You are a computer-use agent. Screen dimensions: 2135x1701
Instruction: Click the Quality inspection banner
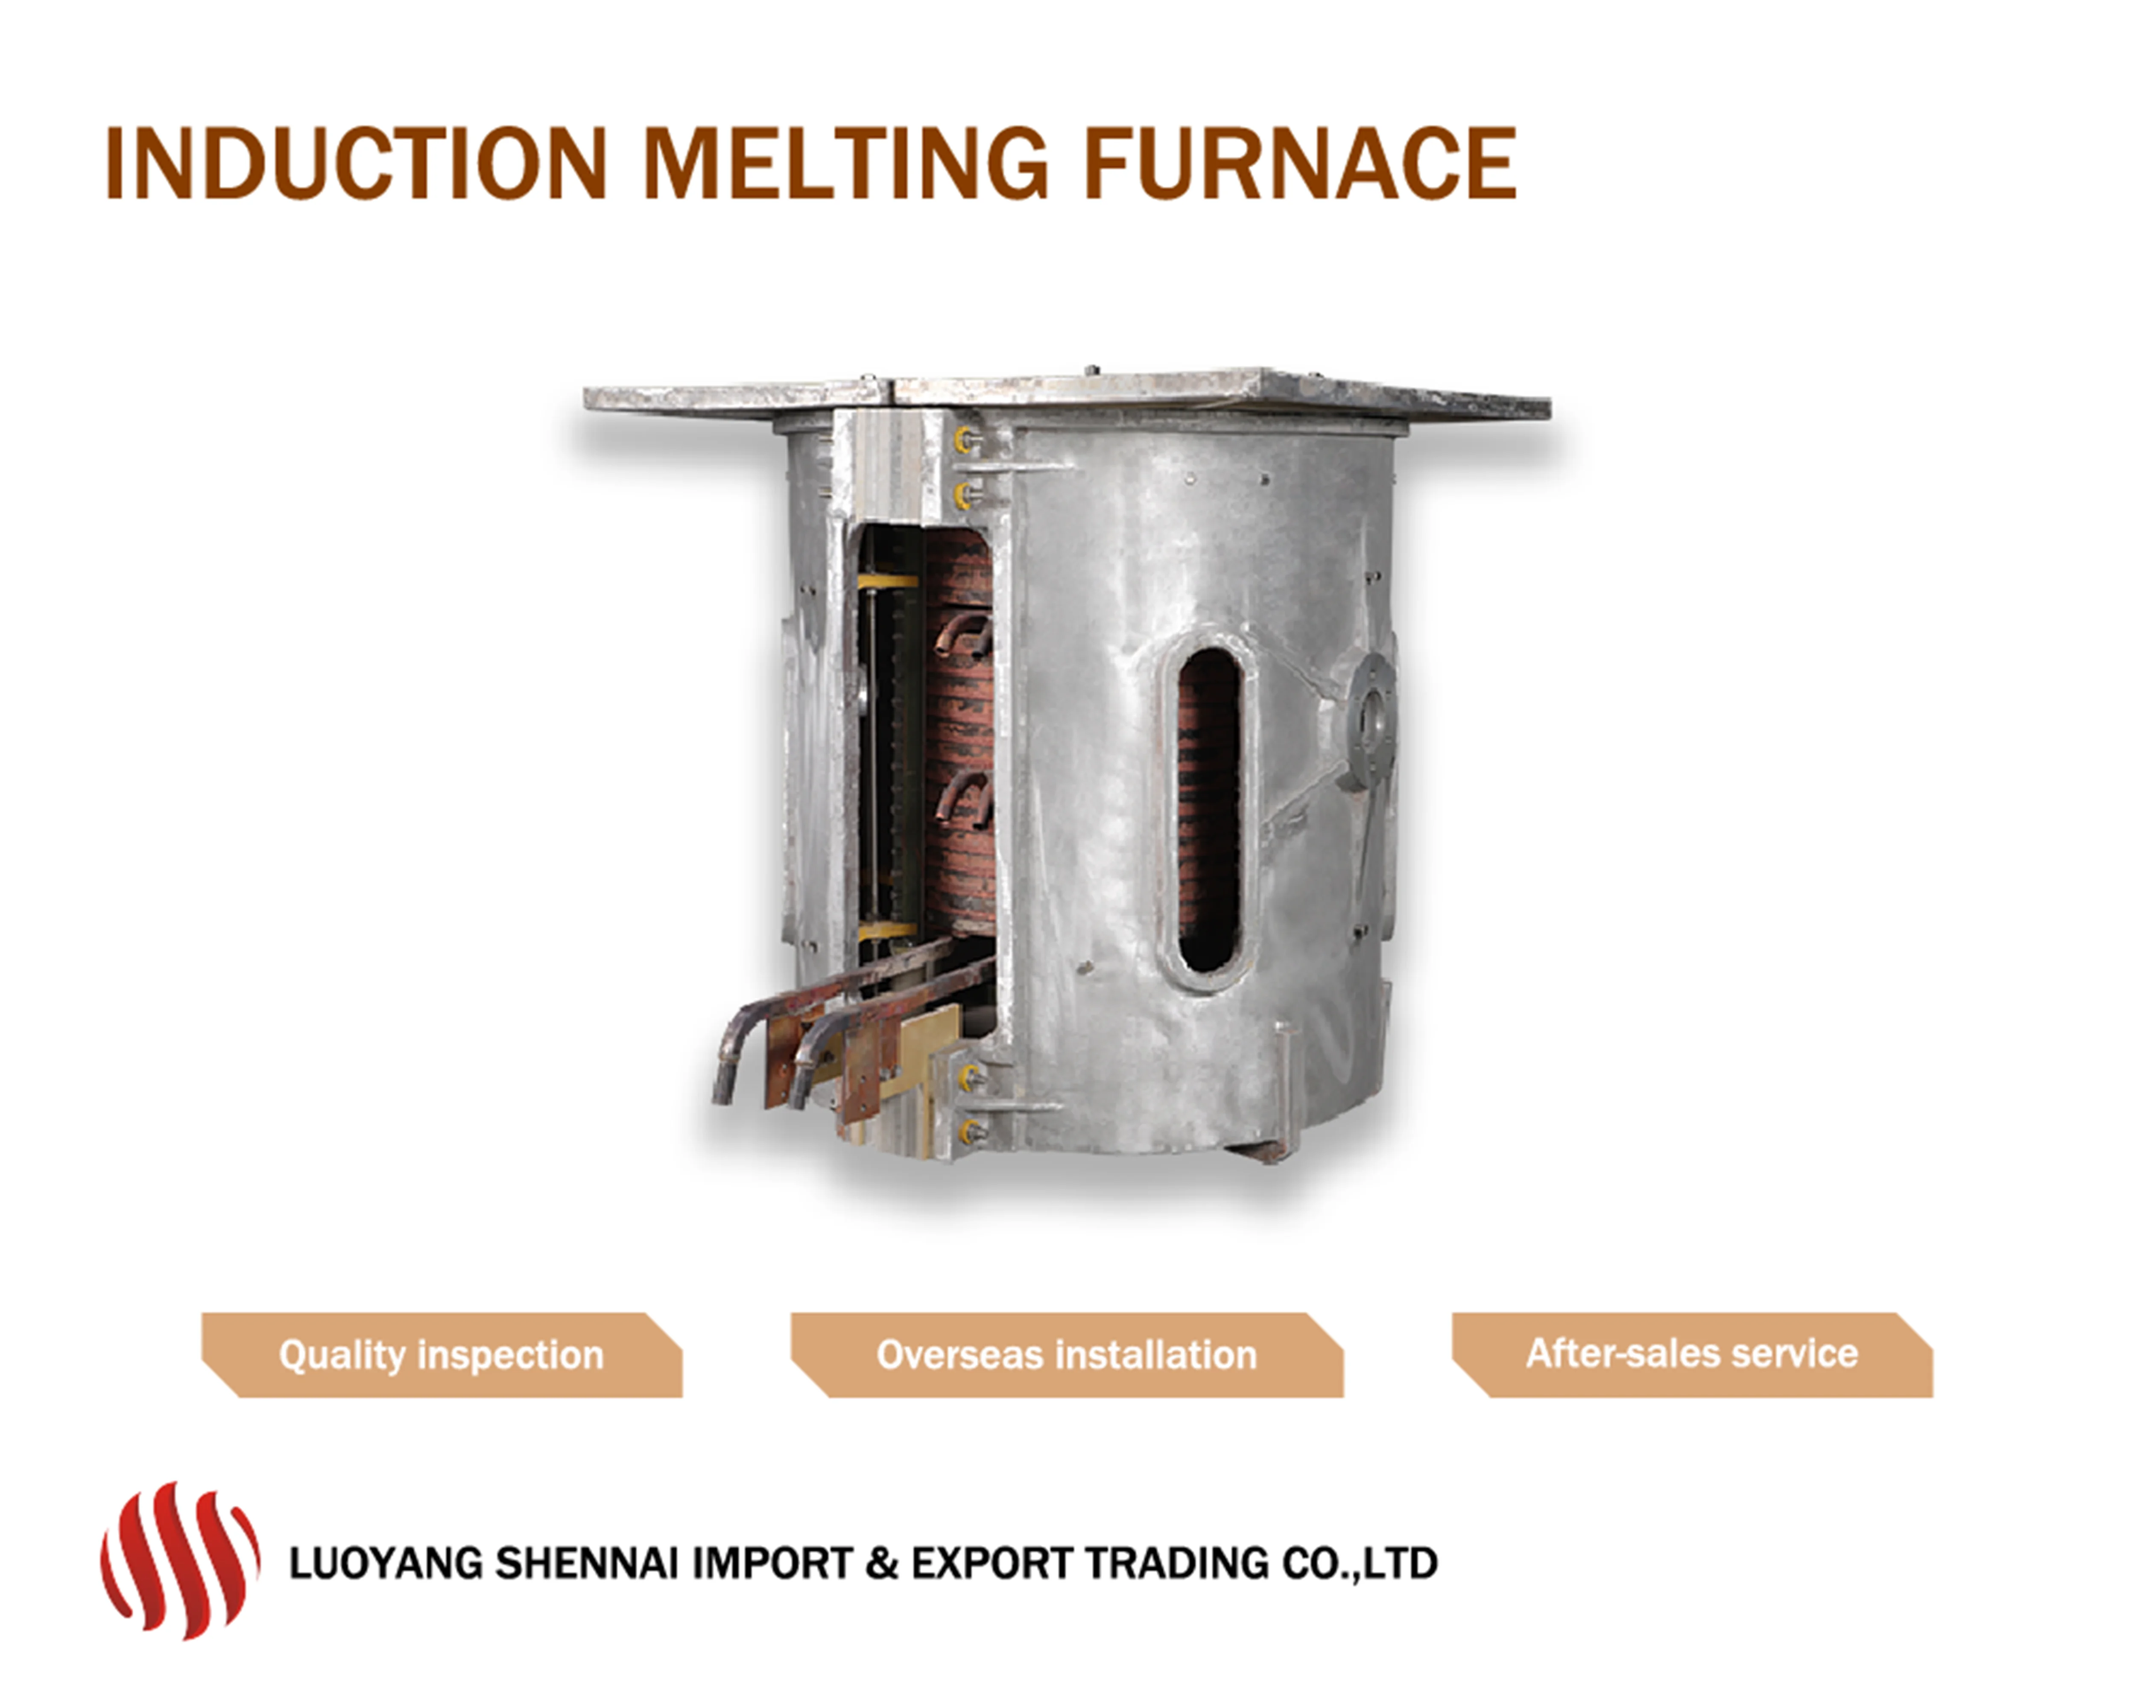click(x=442, y=1354)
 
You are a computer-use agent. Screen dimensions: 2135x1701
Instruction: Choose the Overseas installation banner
click(x=1067, y=1354)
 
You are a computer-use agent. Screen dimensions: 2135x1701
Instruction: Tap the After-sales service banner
click(x=1691, y=1354)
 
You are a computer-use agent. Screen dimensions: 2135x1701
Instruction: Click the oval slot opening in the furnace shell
click(x=1208, y=810)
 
